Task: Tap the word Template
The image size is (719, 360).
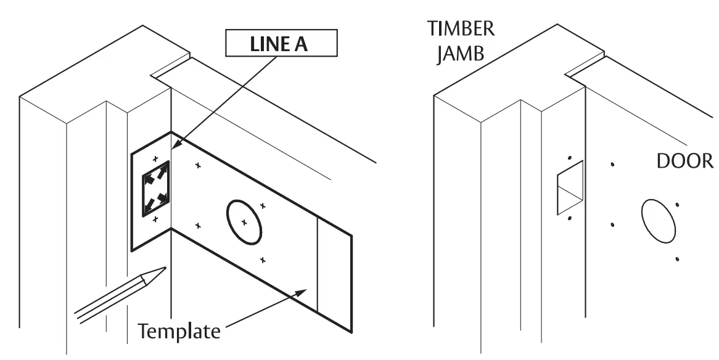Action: click(x=178, y=331)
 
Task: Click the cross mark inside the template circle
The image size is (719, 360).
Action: click(x=244, y=221)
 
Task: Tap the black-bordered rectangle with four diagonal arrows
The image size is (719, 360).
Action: click(x=156, y=189)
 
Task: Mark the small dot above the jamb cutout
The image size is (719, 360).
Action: click(x=570, y=158)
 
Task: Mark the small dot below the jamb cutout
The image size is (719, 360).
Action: click(x=570, y=218)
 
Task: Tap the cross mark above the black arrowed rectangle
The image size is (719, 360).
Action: click(x=155, y=158)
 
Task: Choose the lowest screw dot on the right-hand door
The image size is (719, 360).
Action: click(x=678, y=260)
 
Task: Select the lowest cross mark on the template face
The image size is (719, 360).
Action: click(x=263, y=260)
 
